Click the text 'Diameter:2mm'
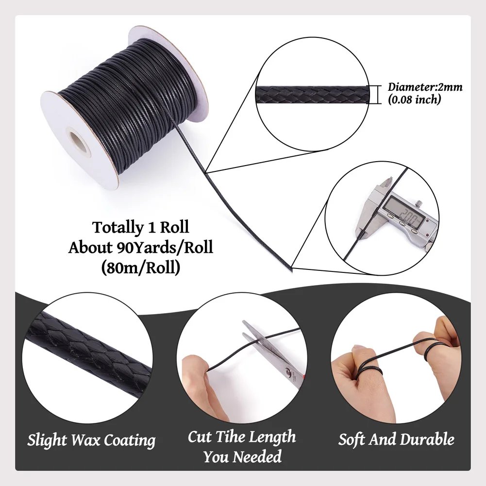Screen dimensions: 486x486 [425, 87]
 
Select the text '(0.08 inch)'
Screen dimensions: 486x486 [415, 100]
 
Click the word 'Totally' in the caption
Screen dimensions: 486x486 [117, 227]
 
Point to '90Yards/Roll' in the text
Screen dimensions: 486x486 [165, 247]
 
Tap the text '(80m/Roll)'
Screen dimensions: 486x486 [141, 268]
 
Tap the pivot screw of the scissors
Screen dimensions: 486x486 [287, 372]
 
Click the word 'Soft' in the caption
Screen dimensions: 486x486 [351, 439]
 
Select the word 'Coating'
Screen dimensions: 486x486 [130, 441]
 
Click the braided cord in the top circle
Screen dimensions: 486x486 [312, 95]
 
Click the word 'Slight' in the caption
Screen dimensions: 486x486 [48, 441]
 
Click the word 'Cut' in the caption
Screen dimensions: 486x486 [200, 436]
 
